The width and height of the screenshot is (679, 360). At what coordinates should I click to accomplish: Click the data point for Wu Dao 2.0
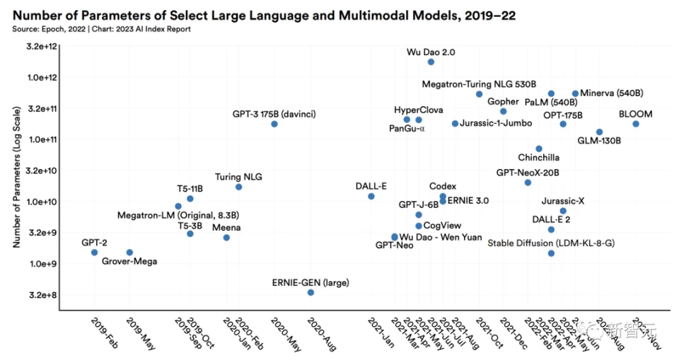[431, 62]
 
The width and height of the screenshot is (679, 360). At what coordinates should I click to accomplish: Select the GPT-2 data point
[94, 252]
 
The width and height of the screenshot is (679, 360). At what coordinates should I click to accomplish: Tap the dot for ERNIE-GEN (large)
[311, 292]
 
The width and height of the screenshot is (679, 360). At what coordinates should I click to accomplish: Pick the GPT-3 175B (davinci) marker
[274, 124]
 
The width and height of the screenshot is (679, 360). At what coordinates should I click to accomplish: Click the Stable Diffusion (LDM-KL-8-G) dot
[551, 253]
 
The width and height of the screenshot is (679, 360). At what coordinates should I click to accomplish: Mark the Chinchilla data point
[539, 149]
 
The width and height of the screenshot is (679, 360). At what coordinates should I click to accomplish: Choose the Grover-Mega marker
[129, 252]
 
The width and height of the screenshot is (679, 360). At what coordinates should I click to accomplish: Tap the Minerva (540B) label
[612, 93]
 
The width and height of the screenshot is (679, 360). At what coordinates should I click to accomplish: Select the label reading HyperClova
[419, 110]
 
